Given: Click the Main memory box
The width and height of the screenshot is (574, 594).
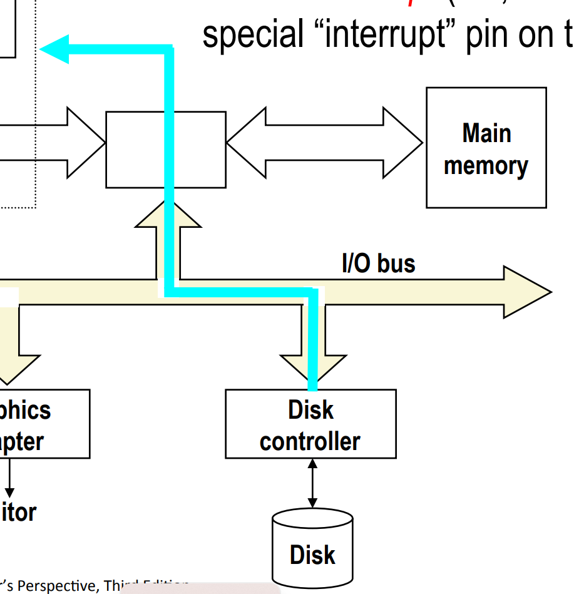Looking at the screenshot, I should point(486,148).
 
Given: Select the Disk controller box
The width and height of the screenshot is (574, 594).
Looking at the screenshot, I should point(310,424).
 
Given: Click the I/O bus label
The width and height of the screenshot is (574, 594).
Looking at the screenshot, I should point(378,263).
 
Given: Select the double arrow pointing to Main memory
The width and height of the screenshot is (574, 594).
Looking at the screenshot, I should point(325,143).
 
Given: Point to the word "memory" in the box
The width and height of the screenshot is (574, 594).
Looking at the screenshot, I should point(486,165).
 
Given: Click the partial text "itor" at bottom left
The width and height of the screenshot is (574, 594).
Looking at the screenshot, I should point(18,513).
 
